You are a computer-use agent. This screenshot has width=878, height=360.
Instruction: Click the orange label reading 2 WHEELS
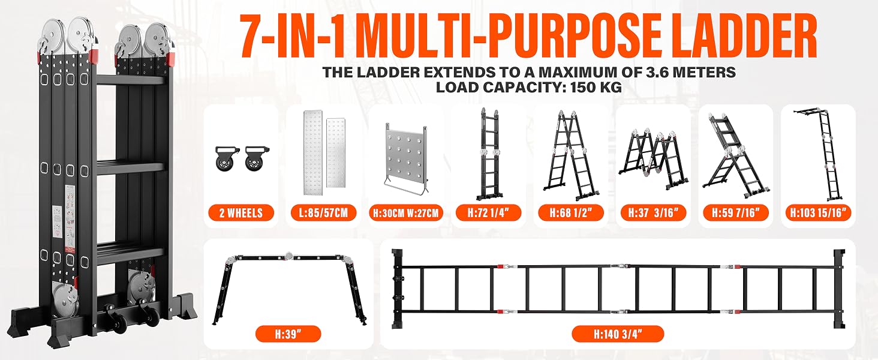click(241, 213)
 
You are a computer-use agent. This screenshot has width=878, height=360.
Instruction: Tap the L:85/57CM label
click(323, 213)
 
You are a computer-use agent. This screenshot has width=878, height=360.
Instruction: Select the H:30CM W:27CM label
click(405, 213)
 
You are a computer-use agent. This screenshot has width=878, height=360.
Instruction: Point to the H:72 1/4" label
click(488, 213)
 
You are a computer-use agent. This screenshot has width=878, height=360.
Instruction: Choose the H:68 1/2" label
click(571, 213)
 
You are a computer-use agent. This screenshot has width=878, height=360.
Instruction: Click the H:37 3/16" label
click(654, 213)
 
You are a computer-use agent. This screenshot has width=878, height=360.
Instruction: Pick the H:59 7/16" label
click(736, 213)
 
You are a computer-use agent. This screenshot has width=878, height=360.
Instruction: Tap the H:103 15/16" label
click(818, 213)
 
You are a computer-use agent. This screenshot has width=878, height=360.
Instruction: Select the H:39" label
click(288, 334)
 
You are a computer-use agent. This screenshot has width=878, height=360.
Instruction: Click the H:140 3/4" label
click(618, 334)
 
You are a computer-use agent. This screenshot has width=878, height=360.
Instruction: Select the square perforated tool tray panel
click(405, 158)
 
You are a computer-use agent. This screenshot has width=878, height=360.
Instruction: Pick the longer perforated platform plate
click(313, 152)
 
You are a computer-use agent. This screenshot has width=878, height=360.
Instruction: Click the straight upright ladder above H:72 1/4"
click(488, 155)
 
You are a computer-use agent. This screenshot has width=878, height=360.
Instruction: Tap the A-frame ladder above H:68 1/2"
click(571, 155)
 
